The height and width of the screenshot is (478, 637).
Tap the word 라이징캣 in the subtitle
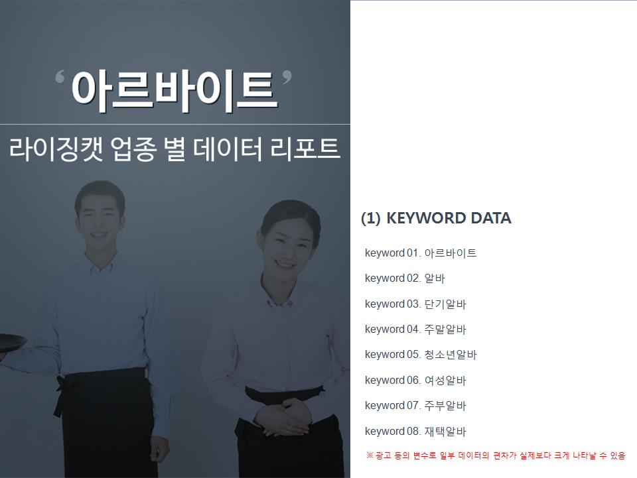click(56, 149)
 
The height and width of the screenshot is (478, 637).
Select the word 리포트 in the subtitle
click(305, 149)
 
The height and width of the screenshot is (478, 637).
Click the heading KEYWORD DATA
click(449, 218)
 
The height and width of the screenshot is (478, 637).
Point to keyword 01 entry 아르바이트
click(451, 253)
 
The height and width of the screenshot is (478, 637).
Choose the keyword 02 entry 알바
click(435, 278)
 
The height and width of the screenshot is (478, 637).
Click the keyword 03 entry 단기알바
click(445, 304)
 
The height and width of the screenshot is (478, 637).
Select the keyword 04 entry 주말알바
click(445, 329)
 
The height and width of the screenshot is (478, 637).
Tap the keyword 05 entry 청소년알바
click(451, 355)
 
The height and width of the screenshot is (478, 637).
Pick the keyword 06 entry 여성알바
click(445, 380)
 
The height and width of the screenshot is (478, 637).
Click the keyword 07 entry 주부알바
click(445, 405)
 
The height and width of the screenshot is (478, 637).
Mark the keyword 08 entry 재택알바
click(445, 431)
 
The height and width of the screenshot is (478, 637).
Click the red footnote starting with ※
click(496, 455)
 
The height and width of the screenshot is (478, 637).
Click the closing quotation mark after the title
click(287, 77)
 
